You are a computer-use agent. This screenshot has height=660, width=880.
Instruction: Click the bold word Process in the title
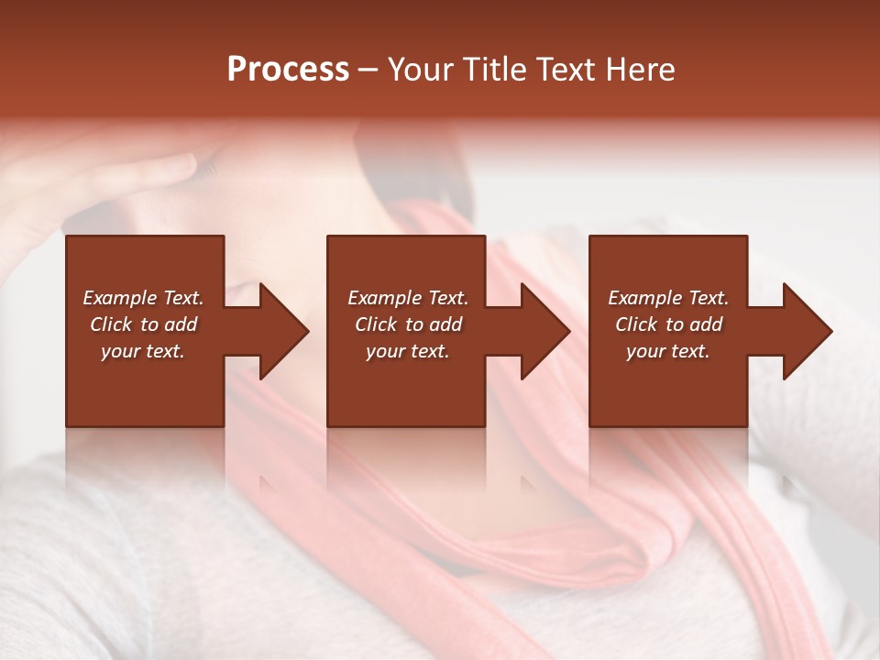point(288,70)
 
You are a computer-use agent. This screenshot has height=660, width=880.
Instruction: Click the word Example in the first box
point(120,298)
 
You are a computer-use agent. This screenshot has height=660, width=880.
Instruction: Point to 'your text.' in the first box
point(143,351)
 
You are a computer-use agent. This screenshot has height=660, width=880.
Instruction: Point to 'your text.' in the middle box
point(408,351)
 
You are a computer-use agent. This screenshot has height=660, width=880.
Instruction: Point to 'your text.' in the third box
point(668,351)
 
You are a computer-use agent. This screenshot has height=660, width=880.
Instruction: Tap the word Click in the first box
point(111,324)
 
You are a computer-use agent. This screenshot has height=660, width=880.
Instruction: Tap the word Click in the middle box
point(376,324)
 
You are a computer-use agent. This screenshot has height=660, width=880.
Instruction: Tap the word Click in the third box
point(636,324)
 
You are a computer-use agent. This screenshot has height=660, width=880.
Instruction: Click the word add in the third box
point(707,324)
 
